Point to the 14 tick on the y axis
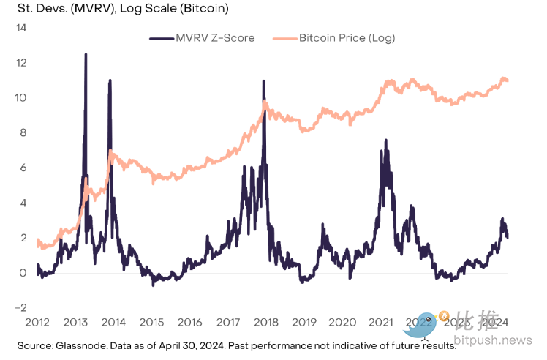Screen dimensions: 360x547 pos(20,28)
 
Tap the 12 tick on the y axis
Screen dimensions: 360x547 pos(20,63)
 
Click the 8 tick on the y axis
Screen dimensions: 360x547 pos(23,133)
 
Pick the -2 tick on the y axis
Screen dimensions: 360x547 pos(21,308)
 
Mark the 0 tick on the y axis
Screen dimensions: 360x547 pos(23,273)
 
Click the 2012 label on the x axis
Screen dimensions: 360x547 pos(37,323)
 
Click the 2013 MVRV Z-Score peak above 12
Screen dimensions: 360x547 pos(86,55)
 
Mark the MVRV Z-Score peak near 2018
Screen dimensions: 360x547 pos(263,82)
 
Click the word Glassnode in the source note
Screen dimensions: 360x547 pos(74,345)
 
